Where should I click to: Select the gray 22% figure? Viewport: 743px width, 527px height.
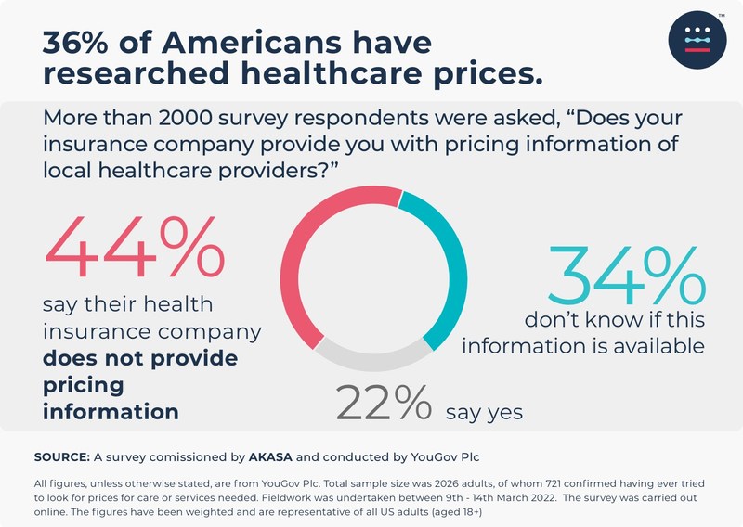(x=384, y=404)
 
